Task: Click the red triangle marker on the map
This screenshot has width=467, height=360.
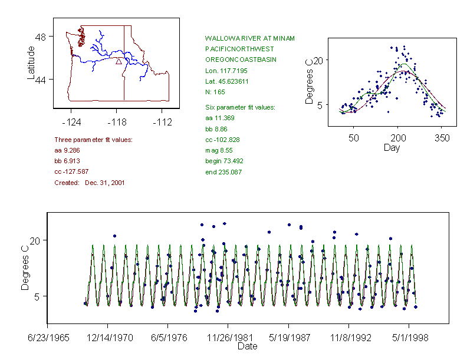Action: click(x=119, y=61)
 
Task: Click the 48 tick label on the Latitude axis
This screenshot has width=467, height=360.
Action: click(x=41, y=37)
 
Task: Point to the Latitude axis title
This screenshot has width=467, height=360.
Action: click(x=31, y=63)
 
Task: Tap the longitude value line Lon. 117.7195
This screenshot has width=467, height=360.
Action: click(x=227, y=71)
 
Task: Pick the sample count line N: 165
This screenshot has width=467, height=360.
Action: click(x=215, y=93)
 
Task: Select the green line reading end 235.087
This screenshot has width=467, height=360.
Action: click(x=223, y=172)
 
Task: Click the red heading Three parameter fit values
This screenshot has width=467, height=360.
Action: click(x=93, y=140)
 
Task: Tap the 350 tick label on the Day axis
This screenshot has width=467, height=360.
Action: click(x=442, y=137)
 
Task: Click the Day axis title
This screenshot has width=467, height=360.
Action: click(x=392, y=147)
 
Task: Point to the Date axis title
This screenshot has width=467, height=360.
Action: click(x=247, y=346)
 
